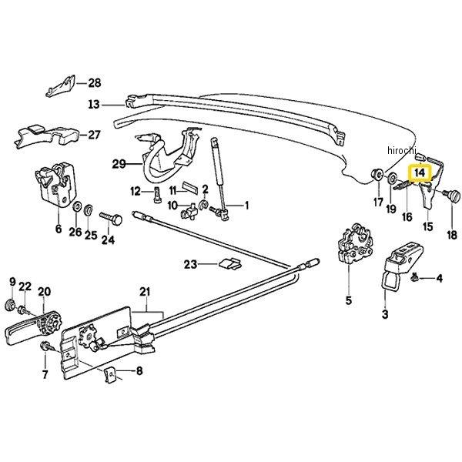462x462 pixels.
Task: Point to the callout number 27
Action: (x=94, y=135)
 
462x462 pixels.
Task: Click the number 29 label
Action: (x=118, y=163)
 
